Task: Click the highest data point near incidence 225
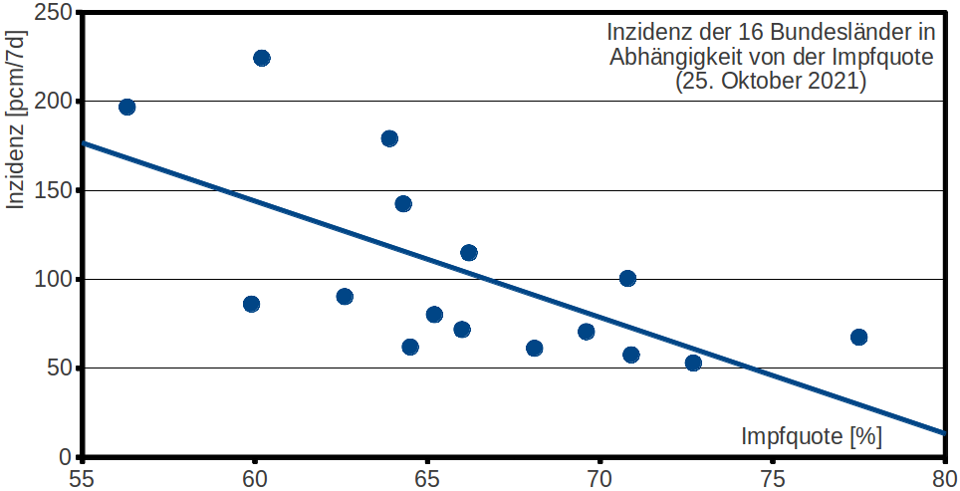262,58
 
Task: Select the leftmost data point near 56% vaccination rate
126,108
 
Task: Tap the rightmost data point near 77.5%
859,338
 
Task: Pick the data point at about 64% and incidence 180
389,138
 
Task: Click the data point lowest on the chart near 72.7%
693,364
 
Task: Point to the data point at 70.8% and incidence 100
627,279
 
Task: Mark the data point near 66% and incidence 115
469,253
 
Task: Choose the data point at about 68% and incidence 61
535,349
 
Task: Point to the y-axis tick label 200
55,101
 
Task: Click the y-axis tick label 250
55,12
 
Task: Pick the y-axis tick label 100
55,279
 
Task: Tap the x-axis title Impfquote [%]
812,436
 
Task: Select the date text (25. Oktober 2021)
771,81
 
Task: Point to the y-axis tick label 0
67,457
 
